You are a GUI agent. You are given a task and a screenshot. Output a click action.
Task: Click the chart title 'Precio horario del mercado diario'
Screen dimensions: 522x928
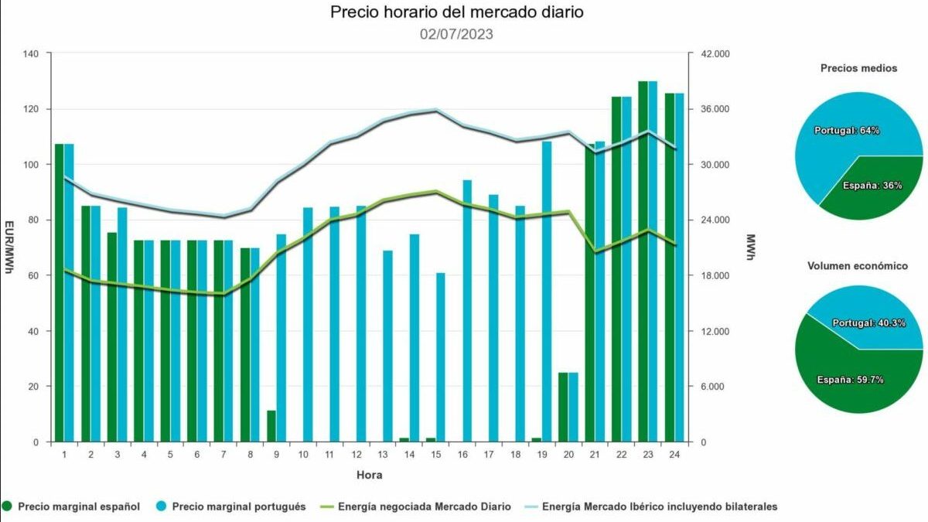click(455, 12)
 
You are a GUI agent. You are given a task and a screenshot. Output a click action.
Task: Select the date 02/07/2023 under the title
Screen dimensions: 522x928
click(455, 34)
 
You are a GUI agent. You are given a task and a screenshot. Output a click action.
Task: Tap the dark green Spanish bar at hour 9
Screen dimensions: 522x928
click(271, 426)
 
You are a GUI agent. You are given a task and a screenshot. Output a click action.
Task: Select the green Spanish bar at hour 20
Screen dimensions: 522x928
click(563, 407)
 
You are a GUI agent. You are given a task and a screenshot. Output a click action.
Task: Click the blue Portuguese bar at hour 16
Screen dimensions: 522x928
click(466, 311)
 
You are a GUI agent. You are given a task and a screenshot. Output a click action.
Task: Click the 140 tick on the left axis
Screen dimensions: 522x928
click(31, 54)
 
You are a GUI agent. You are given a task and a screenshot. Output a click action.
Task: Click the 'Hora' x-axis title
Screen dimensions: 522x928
click(369, 475)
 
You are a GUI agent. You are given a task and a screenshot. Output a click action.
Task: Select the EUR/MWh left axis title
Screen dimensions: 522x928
click(9, 247)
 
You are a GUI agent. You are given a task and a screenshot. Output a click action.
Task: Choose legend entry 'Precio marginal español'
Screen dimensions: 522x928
click(79, 507)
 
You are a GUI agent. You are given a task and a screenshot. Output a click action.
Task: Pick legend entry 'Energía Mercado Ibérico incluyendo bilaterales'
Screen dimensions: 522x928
click(660, 507)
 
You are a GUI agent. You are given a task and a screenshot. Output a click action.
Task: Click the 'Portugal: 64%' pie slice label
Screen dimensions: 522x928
click(847, 131)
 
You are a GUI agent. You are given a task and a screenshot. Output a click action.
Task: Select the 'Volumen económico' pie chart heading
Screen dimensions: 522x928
click(858, 266)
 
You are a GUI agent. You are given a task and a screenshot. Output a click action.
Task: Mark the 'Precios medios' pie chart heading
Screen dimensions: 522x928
click(858, 68)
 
